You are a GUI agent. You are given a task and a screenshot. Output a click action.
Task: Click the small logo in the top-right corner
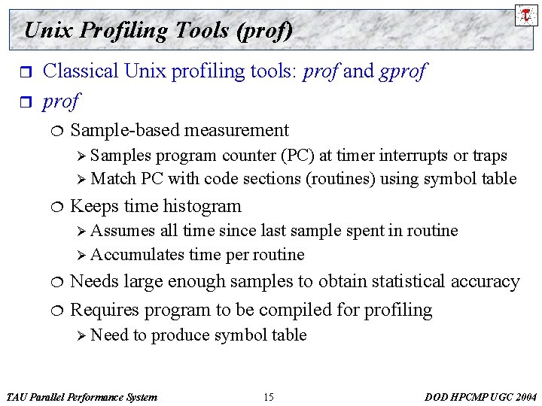click(x=526, y=14)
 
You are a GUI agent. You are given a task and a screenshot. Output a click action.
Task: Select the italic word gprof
click(x=402, y=71)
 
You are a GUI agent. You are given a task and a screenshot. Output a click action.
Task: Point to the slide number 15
click(x=269, y=397)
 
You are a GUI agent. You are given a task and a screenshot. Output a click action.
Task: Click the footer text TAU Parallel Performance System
click(x=81, y=397)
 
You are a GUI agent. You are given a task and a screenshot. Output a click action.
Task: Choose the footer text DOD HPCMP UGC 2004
click(x=481, y=397)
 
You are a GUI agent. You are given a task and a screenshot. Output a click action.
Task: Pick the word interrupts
click(x=413, y=156)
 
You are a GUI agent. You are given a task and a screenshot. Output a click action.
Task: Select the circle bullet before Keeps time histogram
click(x=60, y=207)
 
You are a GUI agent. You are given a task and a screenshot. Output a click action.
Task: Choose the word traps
click(x=490, y=156)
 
